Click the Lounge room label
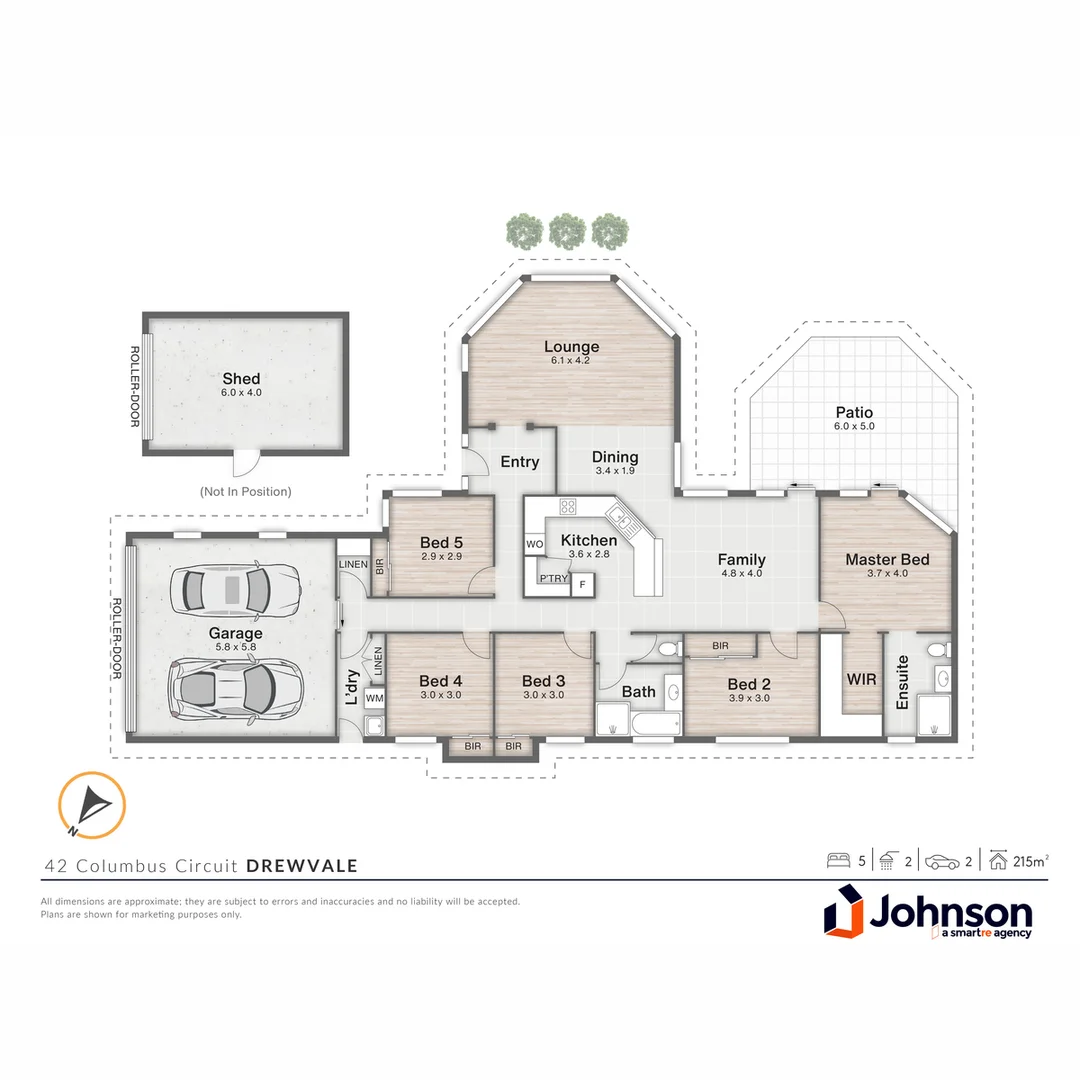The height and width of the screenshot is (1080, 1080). point(571,346)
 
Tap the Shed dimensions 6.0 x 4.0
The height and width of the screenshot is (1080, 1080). point(241,393)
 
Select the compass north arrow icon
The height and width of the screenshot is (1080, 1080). point(92,805)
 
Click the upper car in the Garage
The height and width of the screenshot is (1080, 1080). point(236,590)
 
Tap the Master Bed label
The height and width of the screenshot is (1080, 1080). point(887,559)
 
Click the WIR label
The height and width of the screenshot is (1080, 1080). point(861,679)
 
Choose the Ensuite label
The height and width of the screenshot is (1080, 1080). point(902,682)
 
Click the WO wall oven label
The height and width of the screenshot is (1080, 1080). point(534,544)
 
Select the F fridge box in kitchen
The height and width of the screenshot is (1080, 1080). point(583,585)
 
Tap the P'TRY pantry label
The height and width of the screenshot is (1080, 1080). point(553,579)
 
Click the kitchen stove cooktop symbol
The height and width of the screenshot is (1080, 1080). point(568,507)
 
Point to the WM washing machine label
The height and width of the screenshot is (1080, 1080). point(375,698)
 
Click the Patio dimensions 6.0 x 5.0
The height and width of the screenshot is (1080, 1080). point(854,426)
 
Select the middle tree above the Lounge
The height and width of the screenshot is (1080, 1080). point(567,231)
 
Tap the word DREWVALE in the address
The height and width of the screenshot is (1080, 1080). point(302,866)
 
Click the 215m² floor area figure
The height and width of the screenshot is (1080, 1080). point(1030,861)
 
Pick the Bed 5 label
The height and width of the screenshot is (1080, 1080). point(442,543)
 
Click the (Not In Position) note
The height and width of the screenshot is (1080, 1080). point(246,492)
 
